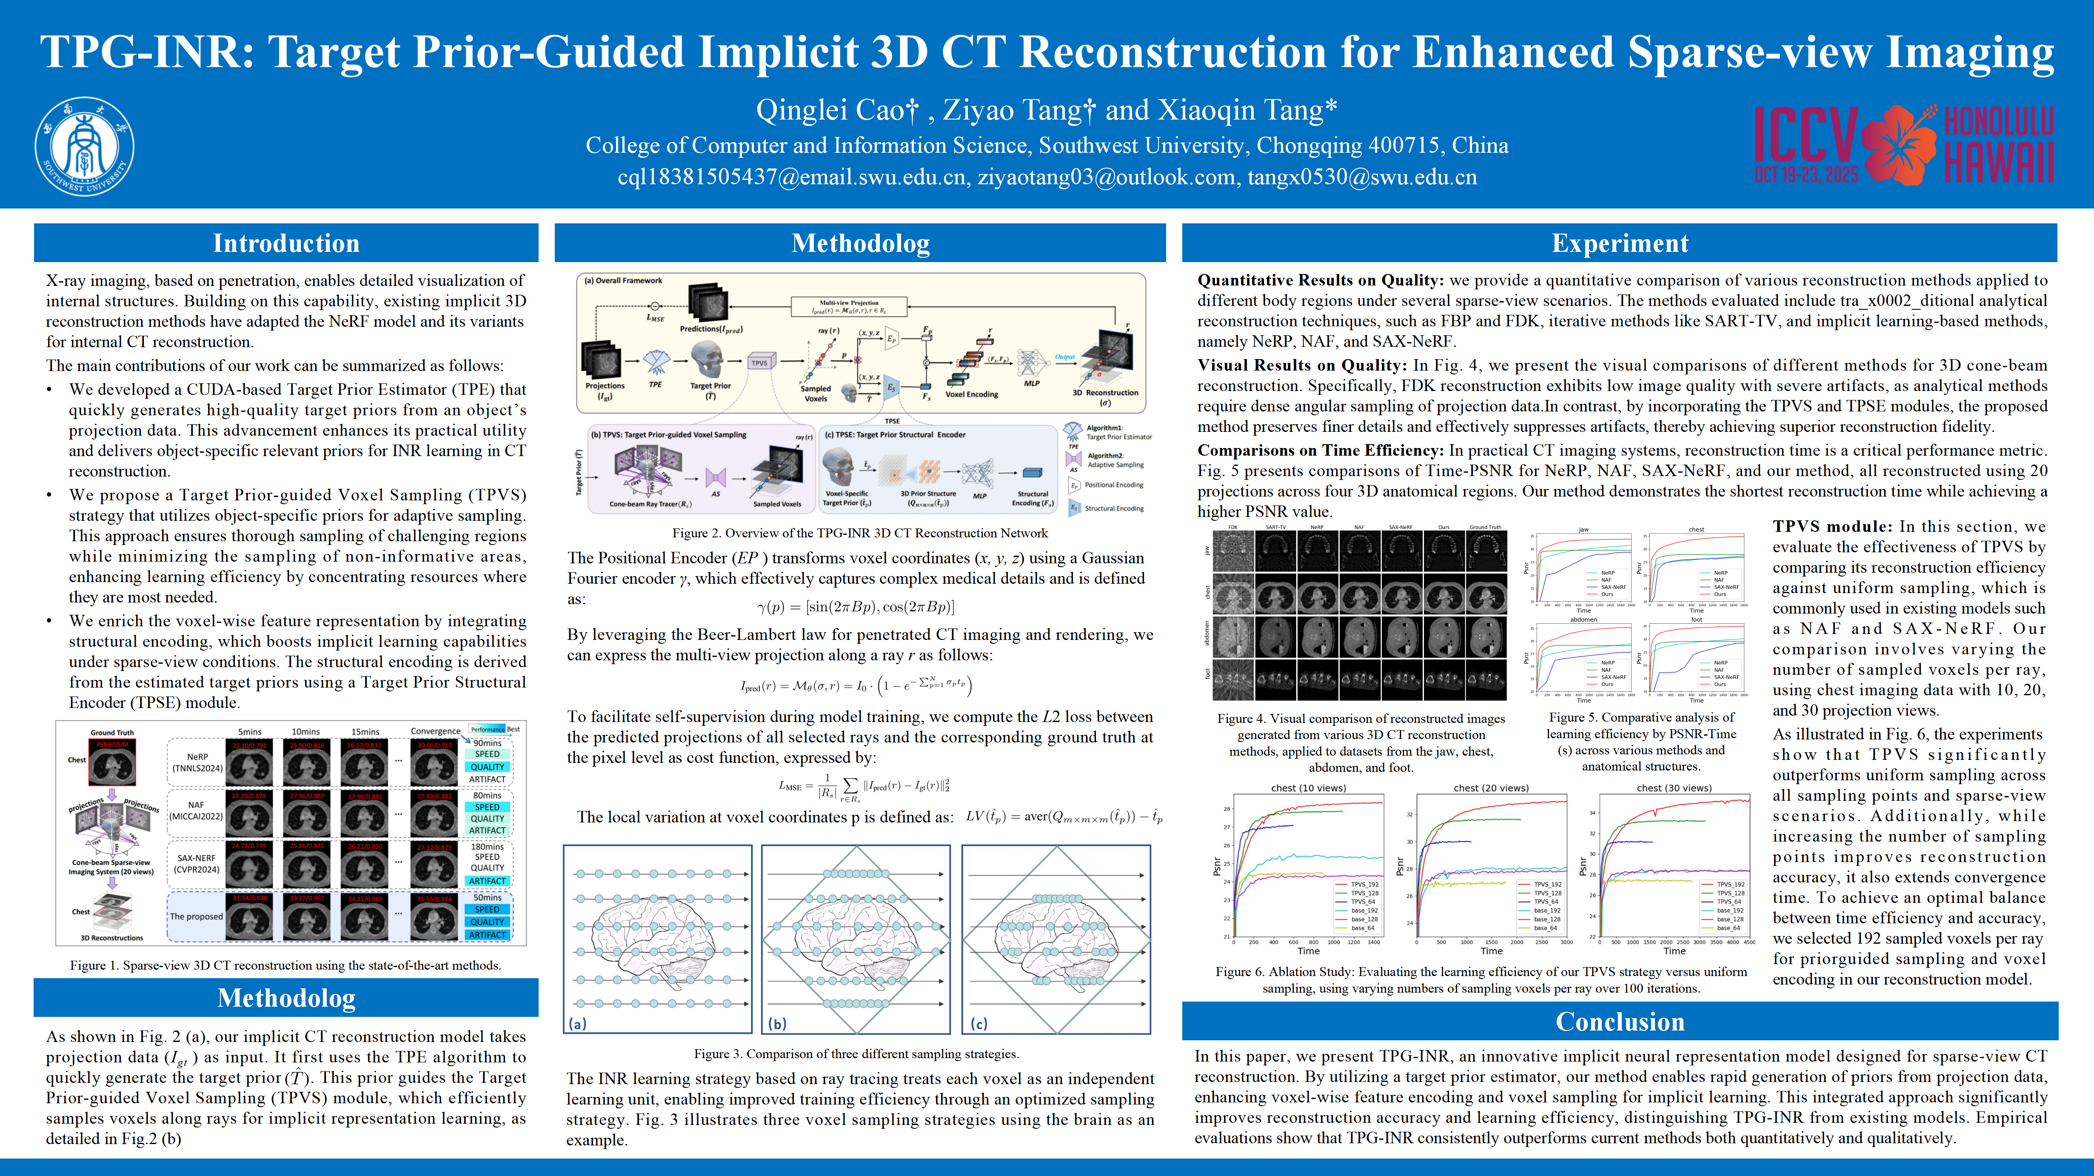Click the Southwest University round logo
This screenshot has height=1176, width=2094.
click(85, 146)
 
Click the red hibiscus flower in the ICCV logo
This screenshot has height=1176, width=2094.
click(1899, 145)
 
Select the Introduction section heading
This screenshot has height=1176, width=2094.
click(286, 243)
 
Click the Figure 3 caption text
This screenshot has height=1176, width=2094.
click(856, 1054)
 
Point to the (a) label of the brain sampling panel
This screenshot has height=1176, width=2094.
click(577, 1024)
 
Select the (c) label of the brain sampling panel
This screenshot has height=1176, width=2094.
click(979, 1024)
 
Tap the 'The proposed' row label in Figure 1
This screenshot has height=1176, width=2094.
click(196, 917)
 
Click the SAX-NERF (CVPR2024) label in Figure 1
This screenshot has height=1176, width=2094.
click(196, 863)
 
